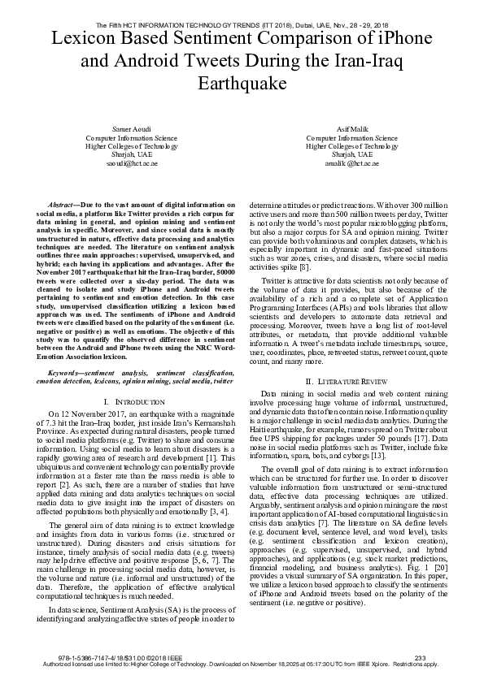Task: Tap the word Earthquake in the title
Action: pos(242,84)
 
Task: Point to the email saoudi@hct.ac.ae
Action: pos(126,162)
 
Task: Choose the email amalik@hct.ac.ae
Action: pos(352,162)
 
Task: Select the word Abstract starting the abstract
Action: pos(62,206)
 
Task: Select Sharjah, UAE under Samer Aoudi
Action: pos(126,154)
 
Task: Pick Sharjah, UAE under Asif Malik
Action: pos(352,154)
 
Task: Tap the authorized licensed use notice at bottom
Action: pos(242,665)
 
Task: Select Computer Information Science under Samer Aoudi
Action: pos(126,138)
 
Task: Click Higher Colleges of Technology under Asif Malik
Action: pos(352,146)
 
